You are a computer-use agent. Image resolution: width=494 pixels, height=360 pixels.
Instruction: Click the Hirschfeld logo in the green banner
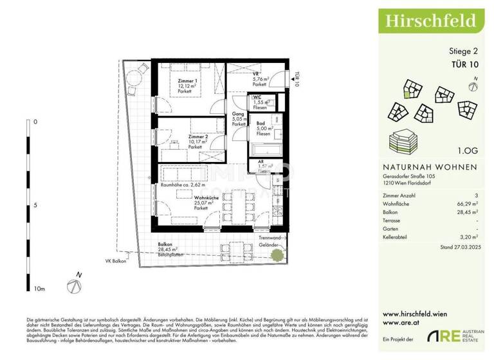[430, 19]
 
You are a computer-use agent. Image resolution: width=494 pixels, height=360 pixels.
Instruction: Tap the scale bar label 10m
[39, 290]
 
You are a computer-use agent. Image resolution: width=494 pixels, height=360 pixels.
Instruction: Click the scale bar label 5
[35, 206]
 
